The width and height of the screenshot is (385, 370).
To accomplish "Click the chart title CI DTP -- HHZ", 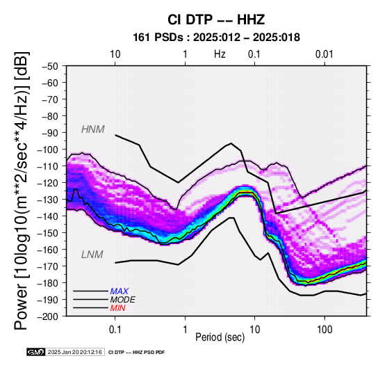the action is tap(216, 19).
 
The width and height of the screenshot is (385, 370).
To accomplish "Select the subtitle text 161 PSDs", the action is tap(158, 38).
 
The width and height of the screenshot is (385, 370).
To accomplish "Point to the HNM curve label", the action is tap(93, 129).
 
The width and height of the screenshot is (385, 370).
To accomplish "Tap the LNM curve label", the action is tap(92, 255).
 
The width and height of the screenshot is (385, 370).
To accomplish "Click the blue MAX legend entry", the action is tap(119, 291).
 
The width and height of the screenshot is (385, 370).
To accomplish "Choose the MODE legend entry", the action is tap(122, 300).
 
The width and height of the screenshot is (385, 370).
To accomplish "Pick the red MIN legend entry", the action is tap(117, 308).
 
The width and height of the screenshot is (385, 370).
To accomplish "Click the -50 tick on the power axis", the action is tap(50, 66).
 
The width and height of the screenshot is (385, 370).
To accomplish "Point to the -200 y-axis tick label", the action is tap(48, 316).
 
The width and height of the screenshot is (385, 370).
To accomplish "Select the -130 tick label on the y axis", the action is tap(48, 200).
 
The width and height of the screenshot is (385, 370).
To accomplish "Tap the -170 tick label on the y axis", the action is tap(48, 266).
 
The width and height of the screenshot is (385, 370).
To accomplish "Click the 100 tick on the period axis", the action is tap(325, 330).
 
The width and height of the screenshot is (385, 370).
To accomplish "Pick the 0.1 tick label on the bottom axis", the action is tap(115, 330).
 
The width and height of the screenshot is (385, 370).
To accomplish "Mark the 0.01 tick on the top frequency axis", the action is tap(325, 54).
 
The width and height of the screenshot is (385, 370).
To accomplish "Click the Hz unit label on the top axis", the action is tap(220, 54).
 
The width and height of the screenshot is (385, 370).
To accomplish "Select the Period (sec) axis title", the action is tap(220, 337).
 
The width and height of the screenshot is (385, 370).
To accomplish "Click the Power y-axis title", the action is tap(22, 191).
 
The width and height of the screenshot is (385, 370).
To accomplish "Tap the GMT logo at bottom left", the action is tap(36, 353).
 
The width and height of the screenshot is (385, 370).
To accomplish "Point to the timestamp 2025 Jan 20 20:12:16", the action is tap(74, 353).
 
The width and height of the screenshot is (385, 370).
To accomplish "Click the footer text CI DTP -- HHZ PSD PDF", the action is tap(136, 353).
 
